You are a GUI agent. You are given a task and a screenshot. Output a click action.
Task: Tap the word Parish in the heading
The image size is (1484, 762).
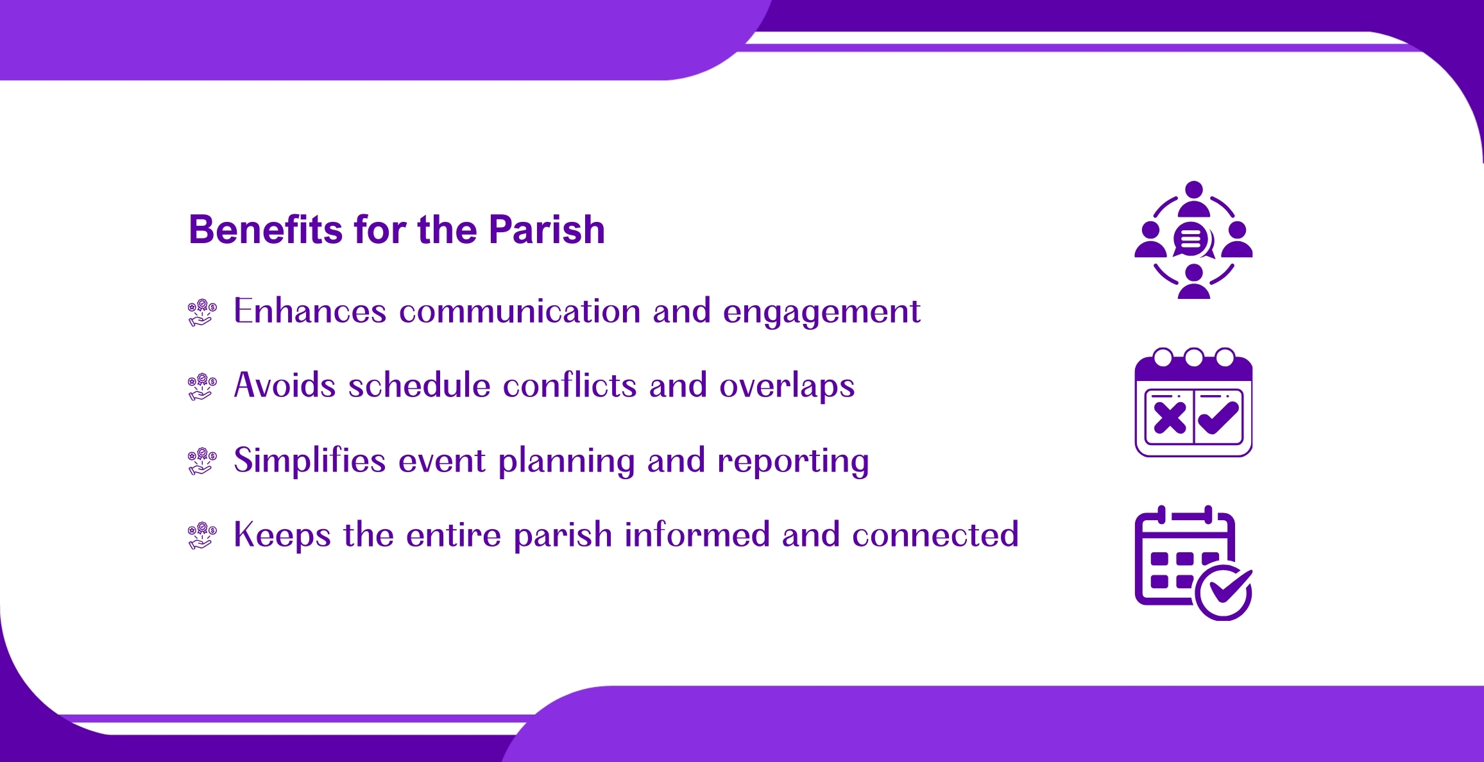point(547,229)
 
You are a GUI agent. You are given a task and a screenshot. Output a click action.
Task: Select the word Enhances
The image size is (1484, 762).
point(310,310)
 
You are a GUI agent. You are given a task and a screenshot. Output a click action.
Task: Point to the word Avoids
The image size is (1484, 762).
point(285,385)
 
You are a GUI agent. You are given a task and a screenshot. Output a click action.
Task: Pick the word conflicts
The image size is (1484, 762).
point(570,385)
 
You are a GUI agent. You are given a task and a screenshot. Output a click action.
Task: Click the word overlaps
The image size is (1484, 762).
point(787,387)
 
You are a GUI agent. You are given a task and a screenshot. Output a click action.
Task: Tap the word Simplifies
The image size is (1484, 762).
point(310,460)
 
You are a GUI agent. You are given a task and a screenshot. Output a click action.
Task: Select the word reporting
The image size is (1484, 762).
point(793,462)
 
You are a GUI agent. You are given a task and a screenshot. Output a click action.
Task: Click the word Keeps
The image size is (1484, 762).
point(282,536)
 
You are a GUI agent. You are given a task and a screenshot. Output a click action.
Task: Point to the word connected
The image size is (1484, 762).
point(935,534)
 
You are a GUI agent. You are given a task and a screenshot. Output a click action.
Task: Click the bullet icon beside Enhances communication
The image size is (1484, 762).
point(202,312)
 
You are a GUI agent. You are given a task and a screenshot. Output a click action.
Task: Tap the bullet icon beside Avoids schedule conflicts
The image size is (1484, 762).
point(202,387)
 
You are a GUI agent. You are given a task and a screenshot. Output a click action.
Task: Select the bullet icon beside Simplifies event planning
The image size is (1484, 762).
point(202,461)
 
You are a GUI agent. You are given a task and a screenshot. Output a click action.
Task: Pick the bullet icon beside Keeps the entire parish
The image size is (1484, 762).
point(202,536)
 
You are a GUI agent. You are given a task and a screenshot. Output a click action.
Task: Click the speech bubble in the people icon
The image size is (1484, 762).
point(1192,241)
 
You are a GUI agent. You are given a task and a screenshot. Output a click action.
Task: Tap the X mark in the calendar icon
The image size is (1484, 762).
point(1169,418)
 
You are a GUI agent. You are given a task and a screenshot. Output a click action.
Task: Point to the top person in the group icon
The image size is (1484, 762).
point(1193,199)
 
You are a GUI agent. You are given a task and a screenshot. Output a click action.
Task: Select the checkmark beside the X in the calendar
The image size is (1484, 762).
point(1218,418)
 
